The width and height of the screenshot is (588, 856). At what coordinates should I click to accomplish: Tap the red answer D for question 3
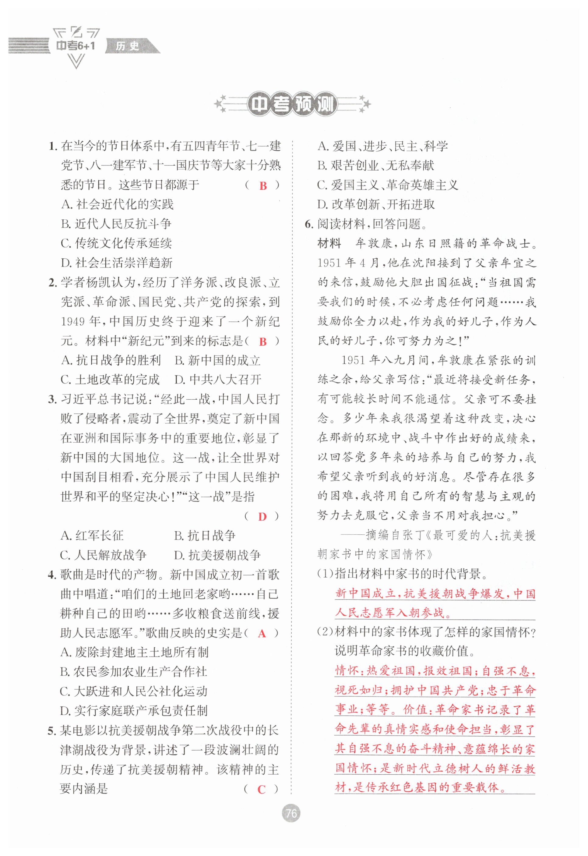click(x=262, y=517)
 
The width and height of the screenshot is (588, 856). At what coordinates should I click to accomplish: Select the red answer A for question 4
click(x=262, y=633)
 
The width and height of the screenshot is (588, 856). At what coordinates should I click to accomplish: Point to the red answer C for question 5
click(x=261, y=789)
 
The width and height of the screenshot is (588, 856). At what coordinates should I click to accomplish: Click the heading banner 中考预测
click(x=292, y=105)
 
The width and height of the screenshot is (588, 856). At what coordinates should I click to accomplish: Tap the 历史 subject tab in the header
click(x=128, y=46)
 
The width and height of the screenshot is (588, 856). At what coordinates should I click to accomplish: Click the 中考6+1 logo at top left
click(x=76, y=46)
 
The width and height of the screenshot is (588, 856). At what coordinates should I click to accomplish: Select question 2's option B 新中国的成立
click(x=217, y=360)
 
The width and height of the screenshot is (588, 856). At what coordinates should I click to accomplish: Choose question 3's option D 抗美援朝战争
click(x=217, y=555)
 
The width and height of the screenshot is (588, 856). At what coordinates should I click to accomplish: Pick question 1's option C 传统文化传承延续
click(x=116, y=243)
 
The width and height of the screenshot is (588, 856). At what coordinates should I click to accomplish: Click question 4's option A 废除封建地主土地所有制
click(x=135, y=653)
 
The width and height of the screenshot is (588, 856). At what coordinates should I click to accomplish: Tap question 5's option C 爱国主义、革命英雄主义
click(x=388, y=185)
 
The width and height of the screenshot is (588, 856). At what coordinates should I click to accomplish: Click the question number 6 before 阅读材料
click(x=308, y=224)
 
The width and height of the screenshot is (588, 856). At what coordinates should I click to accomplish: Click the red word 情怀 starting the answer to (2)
click(x=346, y=671)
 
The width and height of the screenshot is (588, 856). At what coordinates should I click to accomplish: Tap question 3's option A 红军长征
click(x=92, y=536)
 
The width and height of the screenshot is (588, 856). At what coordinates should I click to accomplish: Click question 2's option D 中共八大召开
click(x=218, y=380)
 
